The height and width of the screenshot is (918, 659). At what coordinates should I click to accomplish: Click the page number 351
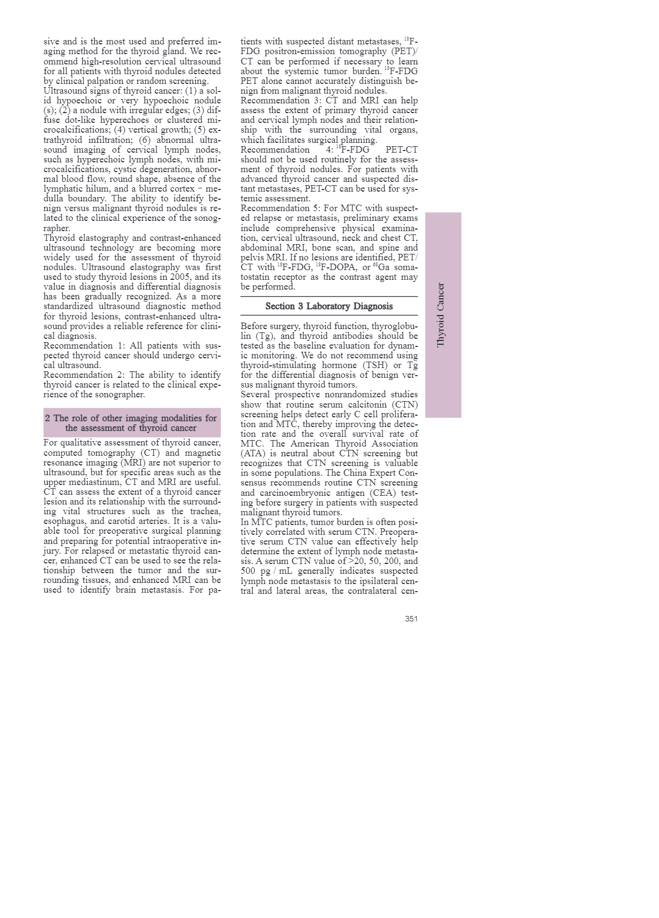click(411, 619)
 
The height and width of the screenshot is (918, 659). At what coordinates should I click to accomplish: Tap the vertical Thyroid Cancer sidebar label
click(441, 314)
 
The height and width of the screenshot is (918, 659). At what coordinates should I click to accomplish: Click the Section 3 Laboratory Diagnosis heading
click(329, 306)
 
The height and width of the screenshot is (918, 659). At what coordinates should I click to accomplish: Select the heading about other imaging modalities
click(131, 423)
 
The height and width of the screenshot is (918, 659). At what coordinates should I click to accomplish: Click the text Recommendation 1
click(78, 346)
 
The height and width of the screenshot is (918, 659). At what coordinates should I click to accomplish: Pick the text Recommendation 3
click(275, 101)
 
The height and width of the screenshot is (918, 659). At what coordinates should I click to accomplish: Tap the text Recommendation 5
click(275, 208)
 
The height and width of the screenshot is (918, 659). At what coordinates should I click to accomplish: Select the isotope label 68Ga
click(381, 267)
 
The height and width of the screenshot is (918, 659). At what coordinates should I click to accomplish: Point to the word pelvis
click(252, 258)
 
